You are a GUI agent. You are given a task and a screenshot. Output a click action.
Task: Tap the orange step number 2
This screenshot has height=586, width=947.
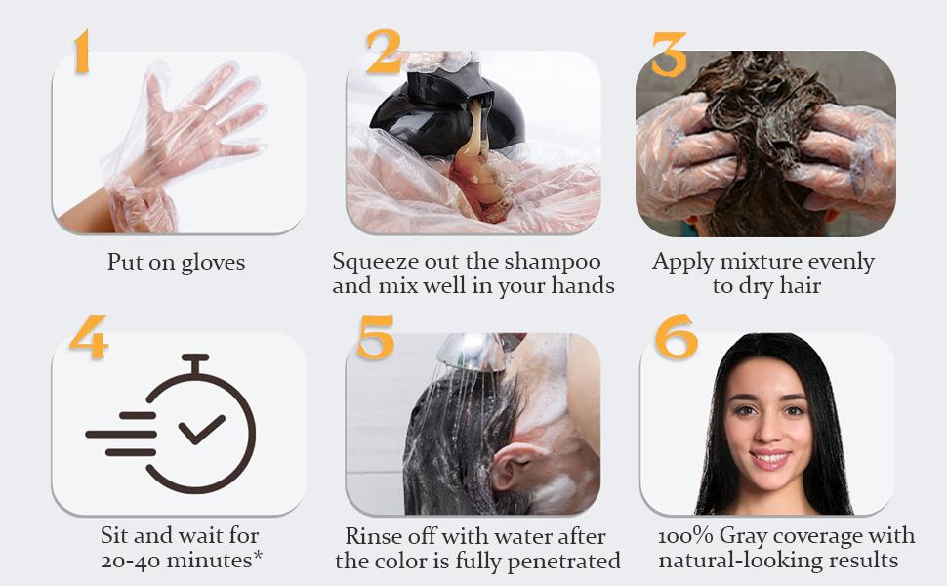tap(383, 52)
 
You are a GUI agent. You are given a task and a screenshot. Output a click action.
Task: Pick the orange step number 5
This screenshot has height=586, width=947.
tap(376, 337)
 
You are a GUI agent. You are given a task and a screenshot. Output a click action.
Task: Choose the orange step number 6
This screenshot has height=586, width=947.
tap(677, 337)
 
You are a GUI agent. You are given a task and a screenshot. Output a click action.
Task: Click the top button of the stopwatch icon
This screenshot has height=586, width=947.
tap(195, 359)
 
